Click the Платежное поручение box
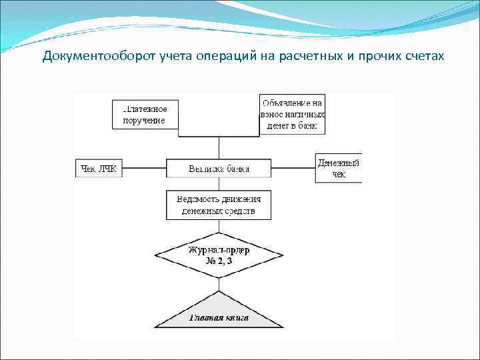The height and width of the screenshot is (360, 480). pos(145,113)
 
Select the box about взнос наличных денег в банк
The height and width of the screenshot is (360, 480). pos(292,114)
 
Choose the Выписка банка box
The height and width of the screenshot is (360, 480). pos(219,169)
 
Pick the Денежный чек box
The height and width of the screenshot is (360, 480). pos(339,168)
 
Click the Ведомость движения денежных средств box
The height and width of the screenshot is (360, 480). pos(219,205)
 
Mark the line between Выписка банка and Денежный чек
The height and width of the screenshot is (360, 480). pos(293,169)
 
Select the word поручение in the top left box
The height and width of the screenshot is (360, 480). pos(144,120)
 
